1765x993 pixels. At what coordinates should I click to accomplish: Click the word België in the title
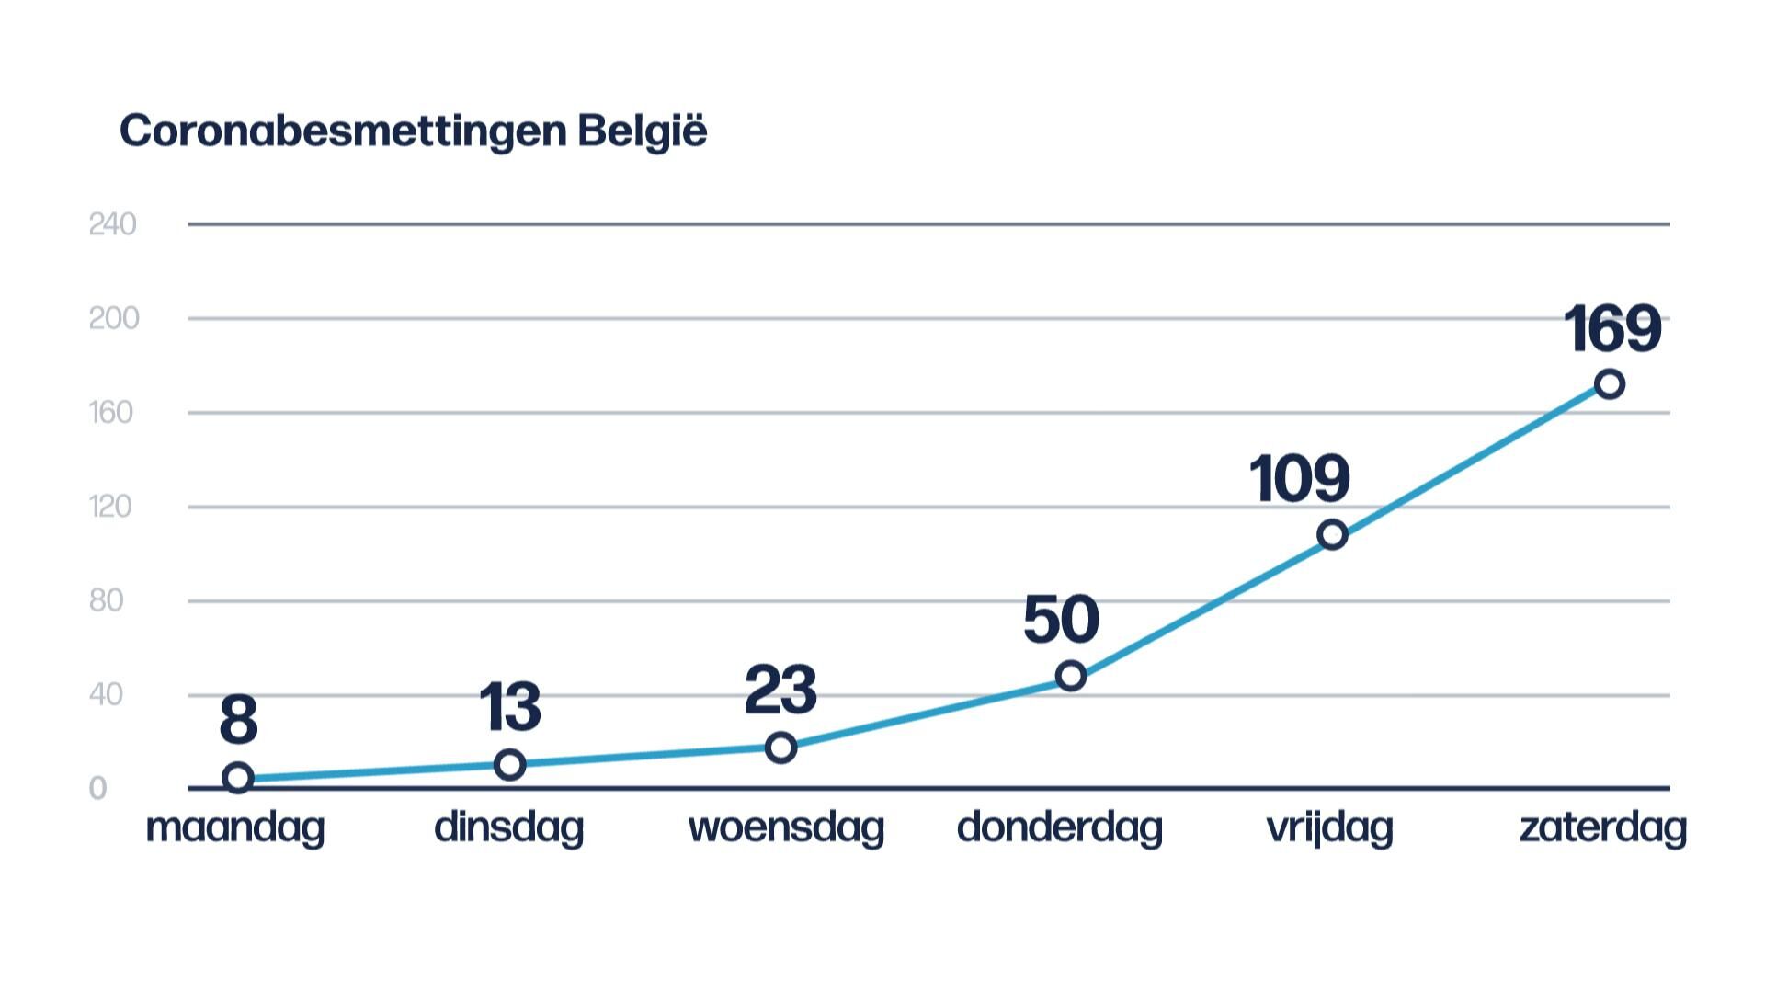643,131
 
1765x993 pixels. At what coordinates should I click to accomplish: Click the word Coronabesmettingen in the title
343,131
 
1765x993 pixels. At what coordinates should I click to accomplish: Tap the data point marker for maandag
238,778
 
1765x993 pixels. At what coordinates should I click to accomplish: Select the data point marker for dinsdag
509,764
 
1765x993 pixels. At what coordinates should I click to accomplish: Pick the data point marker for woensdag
780,748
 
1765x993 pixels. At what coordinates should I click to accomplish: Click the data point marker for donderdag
1070,676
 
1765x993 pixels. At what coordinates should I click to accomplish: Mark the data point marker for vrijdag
1332,534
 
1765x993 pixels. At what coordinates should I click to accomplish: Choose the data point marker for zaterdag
1609,383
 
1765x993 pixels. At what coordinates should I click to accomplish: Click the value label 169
1612,329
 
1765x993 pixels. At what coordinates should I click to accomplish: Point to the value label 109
1299,479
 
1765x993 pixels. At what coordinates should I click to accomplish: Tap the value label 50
1061,620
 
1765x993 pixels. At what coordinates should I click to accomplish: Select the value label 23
780,691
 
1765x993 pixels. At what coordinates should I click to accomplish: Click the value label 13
510,707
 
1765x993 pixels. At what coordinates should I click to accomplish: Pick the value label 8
238,721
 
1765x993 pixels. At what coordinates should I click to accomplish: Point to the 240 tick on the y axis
112,224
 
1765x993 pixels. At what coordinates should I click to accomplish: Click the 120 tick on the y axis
110,507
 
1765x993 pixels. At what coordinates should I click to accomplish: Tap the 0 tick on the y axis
97,789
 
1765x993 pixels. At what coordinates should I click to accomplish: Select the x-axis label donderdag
1060,828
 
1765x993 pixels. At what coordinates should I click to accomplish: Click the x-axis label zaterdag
1602,827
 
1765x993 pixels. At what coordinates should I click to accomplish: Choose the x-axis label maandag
235,828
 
